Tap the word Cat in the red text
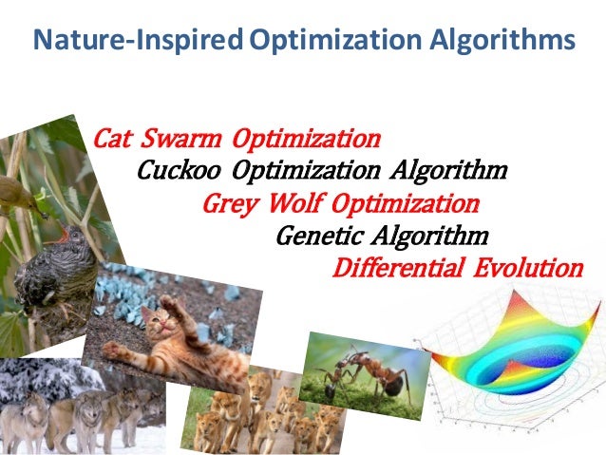(113, 140)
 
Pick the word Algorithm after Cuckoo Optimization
(447, 171)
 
